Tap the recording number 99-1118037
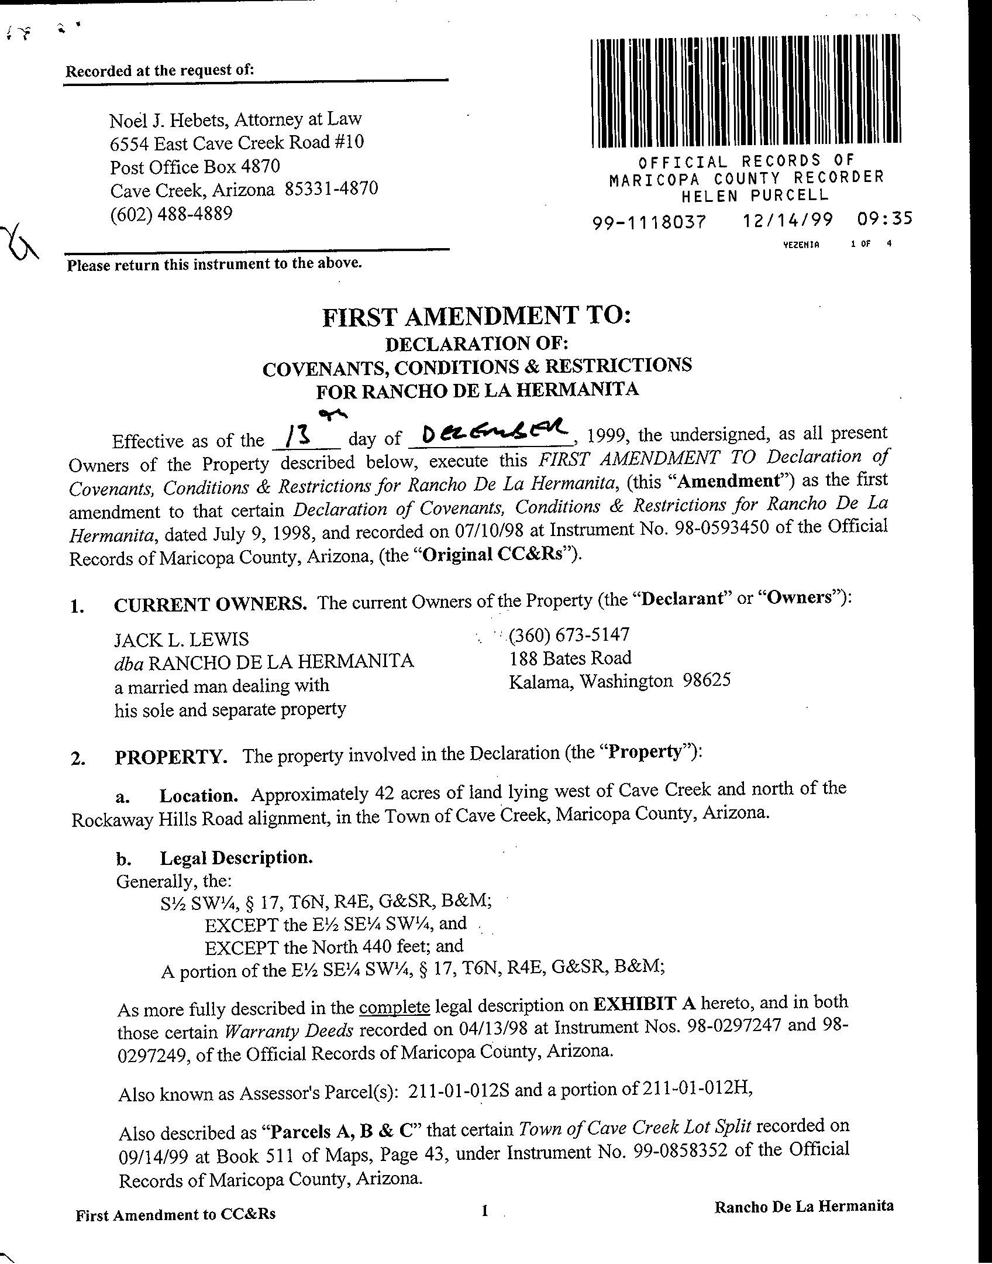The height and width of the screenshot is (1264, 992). coord(649,222)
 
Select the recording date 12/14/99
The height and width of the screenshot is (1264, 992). coord(788,221)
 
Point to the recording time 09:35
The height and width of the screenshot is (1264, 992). coord(884,219)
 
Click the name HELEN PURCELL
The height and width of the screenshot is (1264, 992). coord(755,195)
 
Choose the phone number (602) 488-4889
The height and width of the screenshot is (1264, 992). coord(171,214)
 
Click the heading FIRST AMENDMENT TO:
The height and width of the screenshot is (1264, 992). coord(477,317)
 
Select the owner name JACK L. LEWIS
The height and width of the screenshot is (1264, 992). coord(181,638)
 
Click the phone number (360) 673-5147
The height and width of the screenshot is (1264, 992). coord(569,635)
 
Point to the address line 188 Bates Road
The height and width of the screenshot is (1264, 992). coord(570,658)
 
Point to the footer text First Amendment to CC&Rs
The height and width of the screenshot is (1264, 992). coord(175,1215)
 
